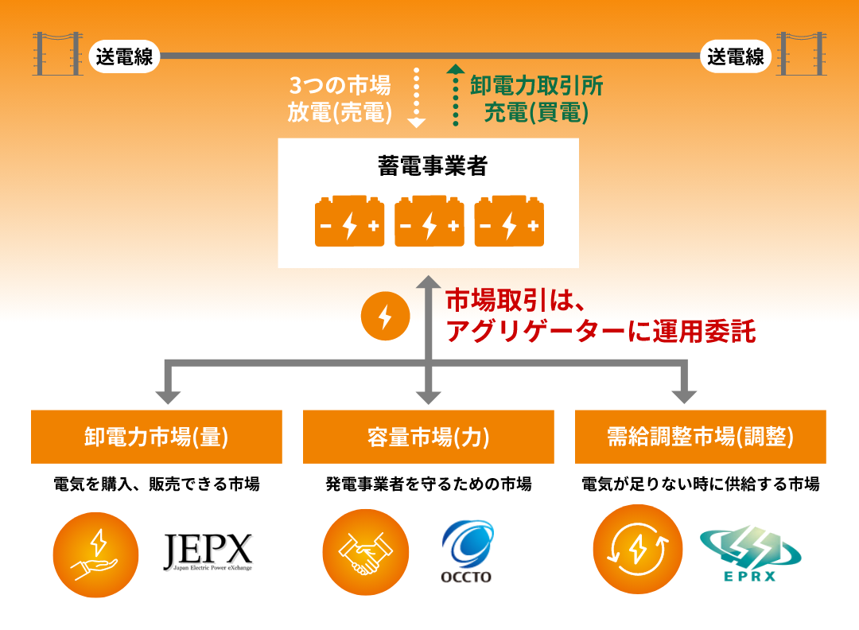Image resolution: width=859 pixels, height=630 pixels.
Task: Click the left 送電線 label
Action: pyautogui.click(x=125, y=57)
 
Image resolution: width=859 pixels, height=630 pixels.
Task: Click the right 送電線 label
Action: pyautogui.click(x=736, y=57)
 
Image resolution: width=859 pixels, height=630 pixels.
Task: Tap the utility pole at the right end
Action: pyautogui.click(x=801, y=53)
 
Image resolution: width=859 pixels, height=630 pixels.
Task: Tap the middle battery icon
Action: pyautogui.click(x=429, y=221)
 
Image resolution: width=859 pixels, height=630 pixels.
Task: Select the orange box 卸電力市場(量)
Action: pyautogui.click(x=157, y=437)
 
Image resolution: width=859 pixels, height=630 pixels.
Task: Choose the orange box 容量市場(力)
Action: pyautogui.click(x=429, y=437)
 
